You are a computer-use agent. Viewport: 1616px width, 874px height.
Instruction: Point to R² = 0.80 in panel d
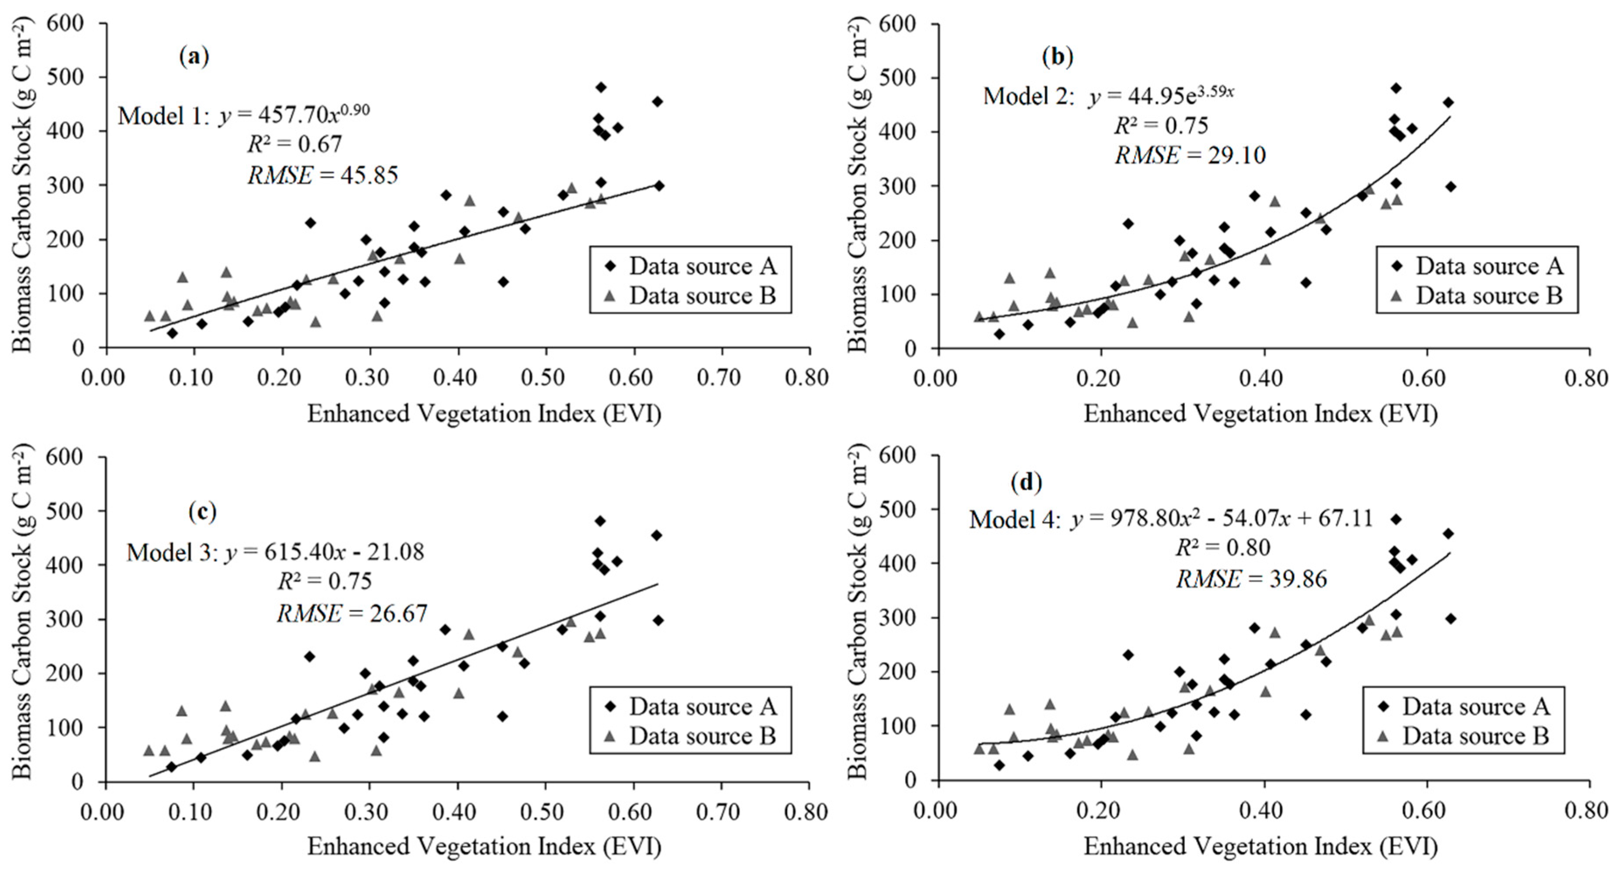click(x=1223, y=548)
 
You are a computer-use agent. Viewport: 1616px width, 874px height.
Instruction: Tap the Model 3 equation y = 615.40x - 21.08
click(x=275, y=552)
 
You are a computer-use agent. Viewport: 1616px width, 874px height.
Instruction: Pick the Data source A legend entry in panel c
click(x=691, y=707)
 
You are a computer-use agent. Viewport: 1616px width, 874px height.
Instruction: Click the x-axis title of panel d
click(x=1260, y=846)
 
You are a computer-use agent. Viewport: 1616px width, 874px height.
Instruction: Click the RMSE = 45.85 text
click(x=322, y=175)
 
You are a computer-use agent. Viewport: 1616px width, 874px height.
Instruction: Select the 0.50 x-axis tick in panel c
click(x=544, y=812)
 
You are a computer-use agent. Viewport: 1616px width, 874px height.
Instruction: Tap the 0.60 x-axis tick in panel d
click(x=1426, y=810)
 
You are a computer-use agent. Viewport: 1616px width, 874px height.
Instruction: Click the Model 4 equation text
click(x=1170, y=519)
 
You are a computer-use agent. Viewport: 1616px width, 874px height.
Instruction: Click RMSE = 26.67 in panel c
click(x=352, y=613)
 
